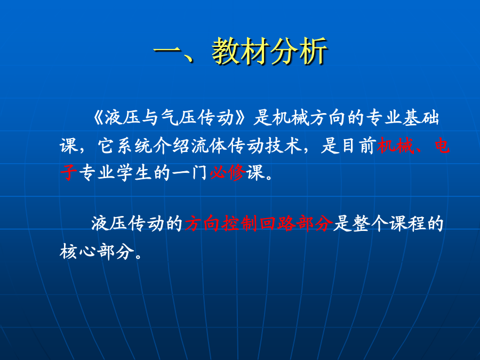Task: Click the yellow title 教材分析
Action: pyautogui.click(x=270, y=51)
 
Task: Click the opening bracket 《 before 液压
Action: pyautogui.click(x=99, y=118)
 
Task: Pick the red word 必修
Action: pyautogui.click(x=228, y=172)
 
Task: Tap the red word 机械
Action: pyautogui.click(x=395, y=146)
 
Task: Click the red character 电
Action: pyautogui.click(x=442, y=146)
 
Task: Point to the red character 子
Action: pyautogui.click(x=68, y=172)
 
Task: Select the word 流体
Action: pyautogui.click(x=210, y=146)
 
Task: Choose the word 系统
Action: pyautogui.click(x=135, y=146)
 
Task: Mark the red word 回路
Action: pyautogui.click(x=277, y=223)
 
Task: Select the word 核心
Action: pyautogui.click(x=78, y=252)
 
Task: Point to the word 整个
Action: pyautogui.click(x=371, y=223)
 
